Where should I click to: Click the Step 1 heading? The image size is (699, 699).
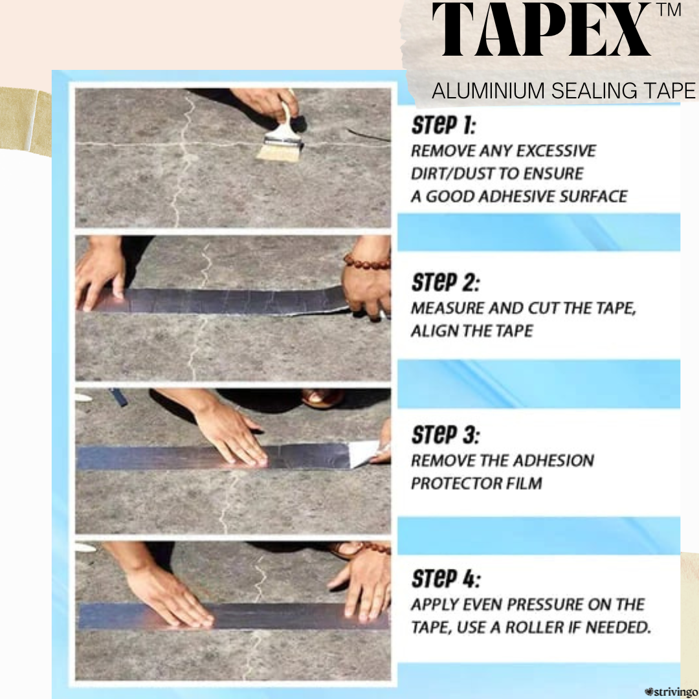tap(443, 126)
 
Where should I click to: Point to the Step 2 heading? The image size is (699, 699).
tap(445, 282)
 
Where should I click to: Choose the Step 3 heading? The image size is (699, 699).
tap(445, 435)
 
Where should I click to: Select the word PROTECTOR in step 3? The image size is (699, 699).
tap(452, 483)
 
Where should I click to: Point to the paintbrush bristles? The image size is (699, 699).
tap(276, 152)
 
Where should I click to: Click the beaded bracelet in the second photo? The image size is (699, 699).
tap(366, 261)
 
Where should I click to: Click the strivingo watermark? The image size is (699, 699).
tap(671, 692)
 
